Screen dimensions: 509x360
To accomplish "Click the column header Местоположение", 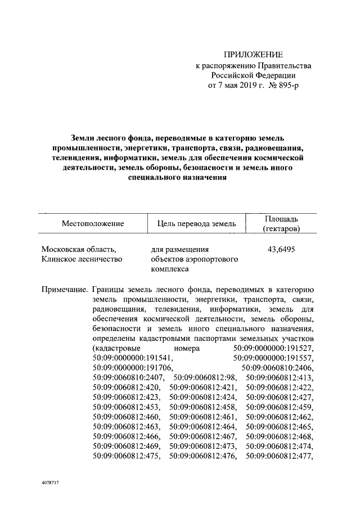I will pos(93,224).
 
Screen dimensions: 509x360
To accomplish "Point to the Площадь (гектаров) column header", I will pos(281,224).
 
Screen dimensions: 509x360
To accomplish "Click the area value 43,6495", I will pos(281,249).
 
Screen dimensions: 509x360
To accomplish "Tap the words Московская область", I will pos(79,249).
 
